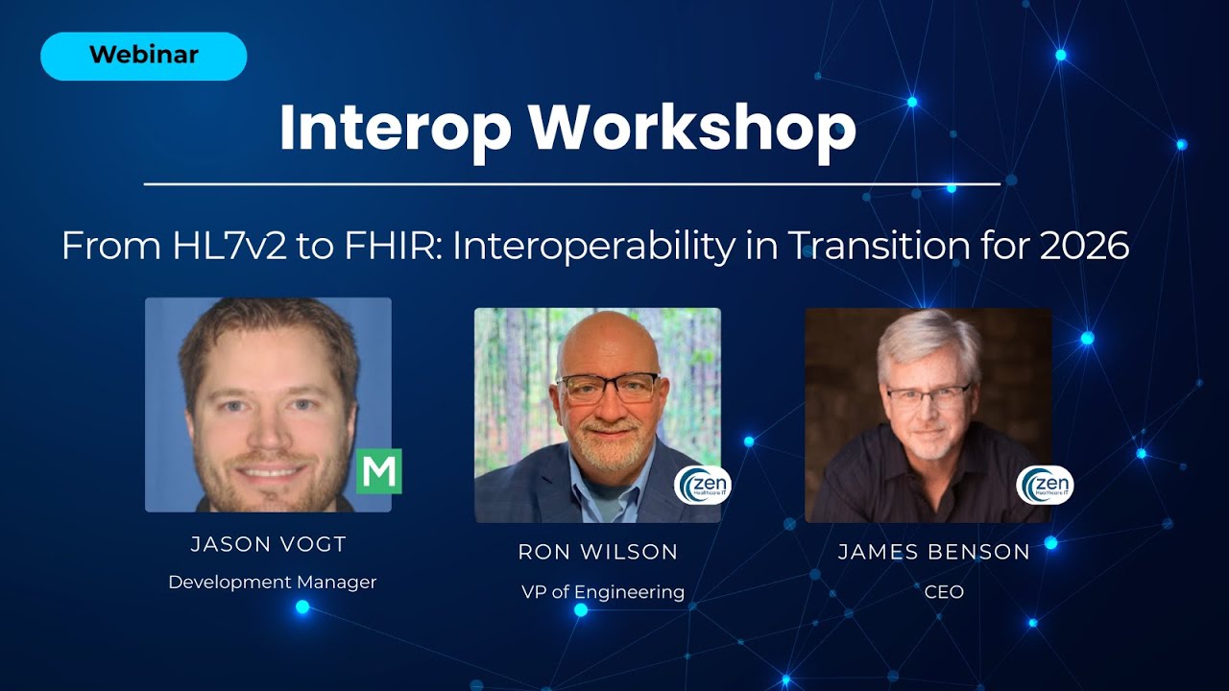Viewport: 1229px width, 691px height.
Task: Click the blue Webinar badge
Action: click(x=143, y=56)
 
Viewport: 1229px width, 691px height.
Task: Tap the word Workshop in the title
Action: click(x=692, y=128)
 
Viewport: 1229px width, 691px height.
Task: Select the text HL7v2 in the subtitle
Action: click(x=210, y=247)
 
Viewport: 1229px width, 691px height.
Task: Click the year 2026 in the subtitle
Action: click(x=1084, y=247)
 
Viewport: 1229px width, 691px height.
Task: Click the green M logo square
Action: click(x=378, y=471)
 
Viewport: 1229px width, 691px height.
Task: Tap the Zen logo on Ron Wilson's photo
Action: click(x=703, y=485)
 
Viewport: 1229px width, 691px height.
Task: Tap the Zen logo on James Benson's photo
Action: click(x=1045, y=485)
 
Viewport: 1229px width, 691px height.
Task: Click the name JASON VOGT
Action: click(x=269, y=545)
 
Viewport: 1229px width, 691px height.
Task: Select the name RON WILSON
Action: click(x=598, y=552)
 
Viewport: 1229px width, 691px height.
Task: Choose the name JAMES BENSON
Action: click(x=934, y=552)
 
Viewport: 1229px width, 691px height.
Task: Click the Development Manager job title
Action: click(x=272, y=582)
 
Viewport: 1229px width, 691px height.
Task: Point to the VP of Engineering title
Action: click(x=603, y=591)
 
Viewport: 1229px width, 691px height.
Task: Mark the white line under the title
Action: click(x=571, y=183)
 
